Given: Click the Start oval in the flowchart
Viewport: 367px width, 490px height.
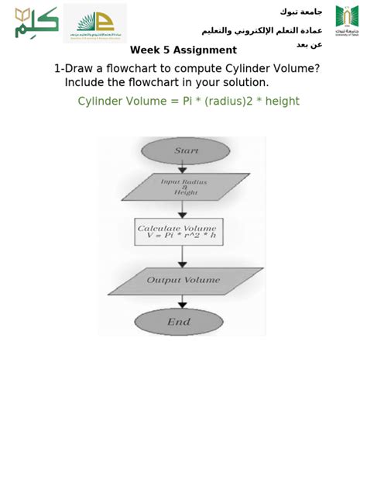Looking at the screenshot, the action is pos(185,151).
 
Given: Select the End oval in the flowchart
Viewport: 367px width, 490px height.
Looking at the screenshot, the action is pos(179,322).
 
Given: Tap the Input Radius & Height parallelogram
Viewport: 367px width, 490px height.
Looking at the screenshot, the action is pos(185,187).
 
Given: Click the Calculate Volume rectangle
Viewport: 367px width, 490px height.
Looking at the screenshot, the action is pos(179,231).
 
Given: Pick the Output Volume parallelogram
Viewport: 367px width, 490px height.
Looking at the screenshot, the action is pos(184,281).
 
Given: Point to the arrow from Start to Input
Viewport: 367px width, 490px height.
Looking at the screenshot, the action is pos(183,167).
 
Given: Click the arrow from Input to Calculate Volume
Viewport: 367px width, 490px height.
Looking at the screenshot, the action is pos(183,209).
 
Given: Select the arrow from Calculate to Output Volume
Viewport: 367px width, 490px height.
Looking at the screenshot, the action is pos(183,257).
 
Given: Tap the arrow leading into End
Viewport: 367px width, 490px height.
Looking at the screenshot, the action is pos(183,302).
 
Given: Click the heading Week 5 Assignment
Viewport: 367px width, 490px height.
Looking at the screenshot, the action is pos(183,50).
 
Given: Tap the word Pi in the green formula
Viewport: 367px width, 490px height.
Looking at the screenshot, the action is pos(188,102).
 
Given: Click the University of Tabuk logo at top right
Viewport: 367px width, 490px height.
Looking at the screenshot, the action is pos(347,19).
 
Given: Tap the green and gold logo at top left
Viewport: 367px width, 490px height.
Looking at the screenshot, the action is pos(36,22).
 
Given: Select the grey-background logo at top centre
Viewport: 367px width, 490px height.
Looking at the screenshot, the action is pos(94,22).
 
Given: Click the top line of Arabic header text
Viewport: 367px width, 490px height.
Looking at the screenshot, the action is pos(301,12).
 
